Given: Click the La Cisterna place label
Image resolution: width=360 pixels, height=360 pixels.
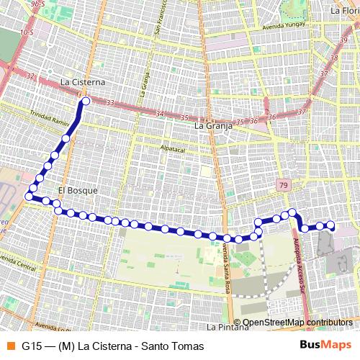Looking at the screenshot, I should tap(83, 82).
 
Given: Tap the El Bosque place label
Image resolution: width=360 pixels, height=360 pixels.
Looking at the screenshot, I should tap(77, 191).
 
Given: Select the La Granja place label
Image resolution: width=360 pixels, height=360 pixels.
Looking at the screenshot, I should tap(214, 125).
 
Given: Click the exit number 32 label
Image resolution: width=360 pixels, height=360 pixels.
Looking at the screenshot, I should tap(30, 76).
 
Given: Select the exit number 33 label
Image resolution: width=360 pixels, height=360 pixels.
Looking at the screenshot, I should tap(110, 103).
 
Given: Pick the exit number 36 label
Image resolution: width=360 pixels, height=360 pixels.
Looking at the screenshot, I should tap(271, 117).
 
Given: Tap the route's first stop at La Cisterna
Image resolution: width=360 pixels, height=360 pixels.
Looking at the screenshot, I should tap(86, 102).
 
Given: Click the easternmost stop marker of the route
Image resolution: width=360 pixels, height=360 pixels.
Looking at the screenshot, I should tap(331, 225).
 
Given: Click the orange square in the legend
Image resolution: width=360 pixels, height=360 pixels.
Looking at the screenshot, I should tap(10, 346).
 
